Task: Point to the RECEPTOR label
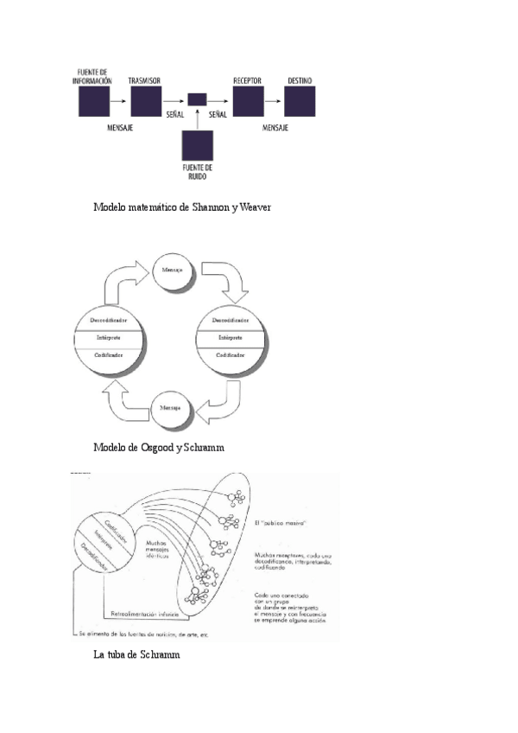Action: (247, 80)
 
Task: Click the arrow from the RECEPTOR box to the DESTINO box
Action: (274, 101)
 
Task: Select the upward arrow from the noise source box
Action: (198, 119)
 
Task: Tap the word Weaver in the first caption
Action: (257, 208)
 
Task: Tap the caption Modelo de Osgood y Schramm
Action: (164, 448)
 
